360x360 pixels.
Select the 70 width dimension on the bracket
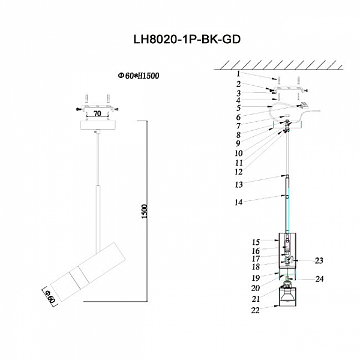[x=97, y=112]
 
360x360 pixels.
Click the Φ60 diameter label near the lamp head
[x=51, y=296]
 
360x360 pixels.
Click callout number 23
[x=319, y=260]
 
